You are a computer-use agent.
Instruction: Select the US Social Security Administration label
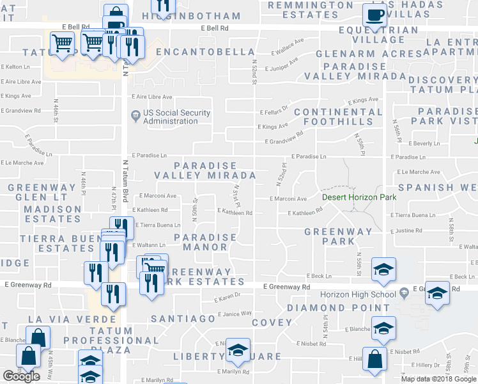[x=176, y=117]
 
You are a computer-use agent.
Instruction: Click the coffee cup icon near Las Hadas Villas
[x=374, y=15]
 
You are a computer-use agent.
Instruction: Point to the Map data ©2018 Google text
[x=438, y=379]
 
